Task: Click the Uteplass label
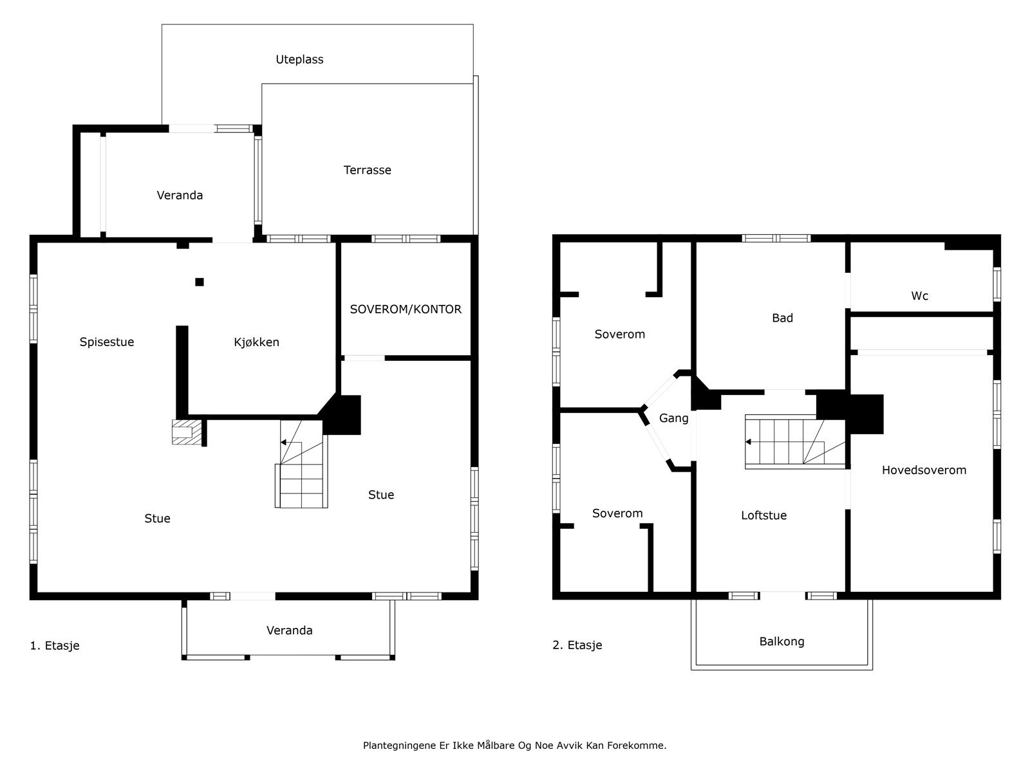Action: (299, 59)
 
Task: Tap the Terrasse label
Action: (367, 170)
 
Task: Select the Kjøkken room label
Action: (256, 342)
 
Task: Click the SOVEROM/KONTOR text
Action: (406, 309)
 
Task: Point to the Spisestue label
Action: (107, 342)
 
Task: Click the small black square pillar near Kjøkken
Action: (200, 282)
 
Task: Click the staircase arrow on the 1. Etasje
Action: (284, 443)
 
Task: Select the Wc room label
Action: (919, 296)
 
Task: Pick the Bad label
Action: (782, 318)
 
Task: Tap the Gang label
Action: (673, 418)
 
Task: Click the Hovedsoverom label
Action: (924, 470)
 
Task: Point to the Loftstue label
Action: (763, 515)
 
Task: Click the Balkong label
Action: (782, 641)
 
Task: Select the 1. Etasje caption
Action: (55, 645)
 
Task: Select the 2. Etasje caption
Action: (577, 645)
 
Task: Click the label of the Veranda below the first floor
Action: (290, 630)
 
